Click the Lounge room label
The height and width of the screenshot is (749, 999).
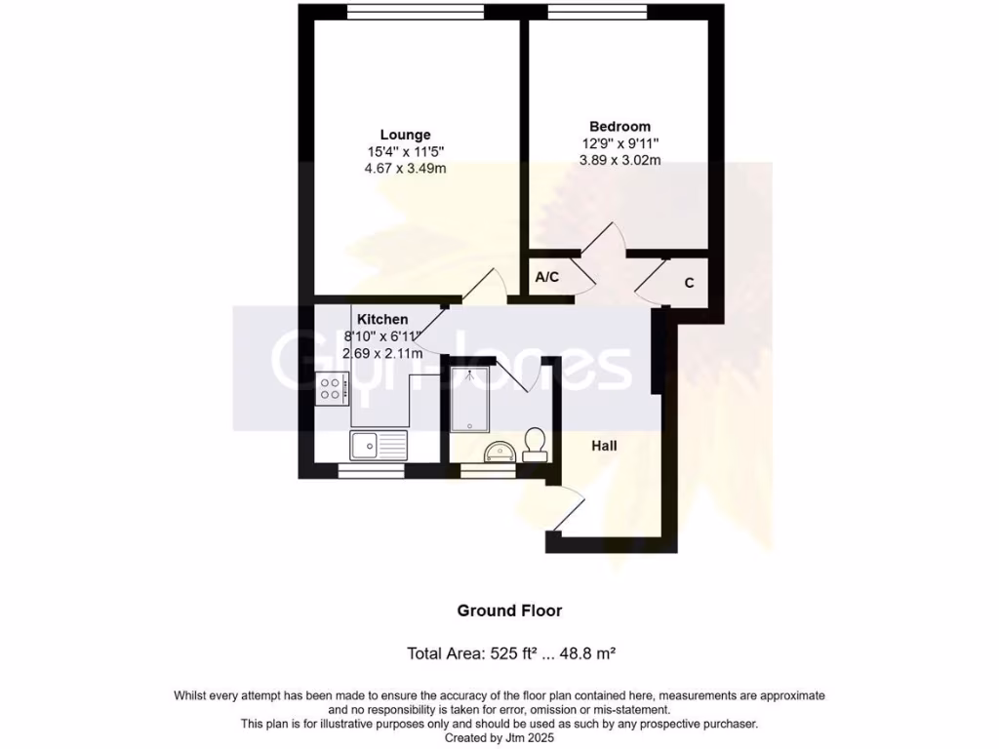pyautogui.click(x=405, y=135)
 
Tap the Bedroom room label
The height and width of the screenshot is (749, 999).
pyautogui.click(x=619, y=126)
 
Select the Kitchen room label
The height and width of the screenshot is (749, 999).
pyautogui.click(x=381, y=319)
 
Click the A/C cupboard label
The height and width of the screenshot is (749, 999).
pyautogui.click(x=547, y=278)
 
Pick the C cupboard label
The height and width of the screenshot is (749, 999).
pyautogui.click(x=689, y=283)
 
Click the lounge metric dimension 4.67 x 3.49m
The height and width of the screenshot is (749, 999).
pyautogui.click(x=406, y=168)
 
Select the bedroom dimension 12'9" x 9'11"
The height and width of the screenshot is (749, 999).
pyautogui.click(x=620, y=143)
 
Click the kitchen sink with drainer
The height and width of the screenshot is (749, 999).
pyautogui.click(x=380, y=446)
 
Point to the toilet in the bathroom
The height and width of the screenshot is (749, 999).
pyautogui.click(x=534, y=444)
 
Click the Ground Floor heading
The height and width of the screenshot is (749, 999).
pyautogui.click(x=509, y=611)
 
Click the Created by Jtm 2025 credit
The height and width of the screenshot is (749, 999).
pyautogui.click(x=499, y=738)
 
